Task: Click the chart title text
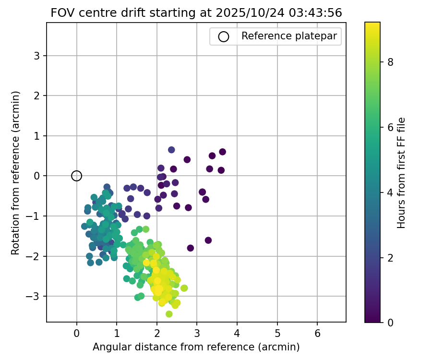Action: point(196,13)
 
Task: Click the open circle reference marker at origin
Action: point(77,176)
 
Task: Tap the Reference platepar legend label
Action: point(289,36)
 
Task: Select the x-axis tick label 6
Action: point(317,333)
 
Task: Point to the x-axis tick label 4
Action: point(237,333)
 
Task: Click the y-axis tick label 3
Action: point(37,56)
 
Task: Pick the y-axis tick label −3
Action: point(35,296)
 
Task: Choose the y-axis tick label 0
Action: point(37,176)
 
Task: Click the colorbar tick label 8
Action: point(391,62)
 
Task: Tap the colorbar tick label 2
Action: point(391,257)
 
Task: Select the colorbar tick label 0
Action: point(391,322)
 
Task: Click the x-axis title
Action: point(196,347)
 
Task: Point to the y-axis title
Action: point(16,173)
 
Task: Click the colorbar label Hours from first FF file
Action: point(402,173)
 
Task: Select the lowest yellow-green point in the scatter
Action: point(169,314)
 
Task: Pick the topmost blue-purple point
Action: point(171,150)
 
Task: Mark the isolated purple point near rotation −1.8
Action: point(191,248)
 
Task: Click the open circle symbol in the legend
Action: point(223,36)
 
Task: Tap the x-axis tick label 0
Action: point(77,333)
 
